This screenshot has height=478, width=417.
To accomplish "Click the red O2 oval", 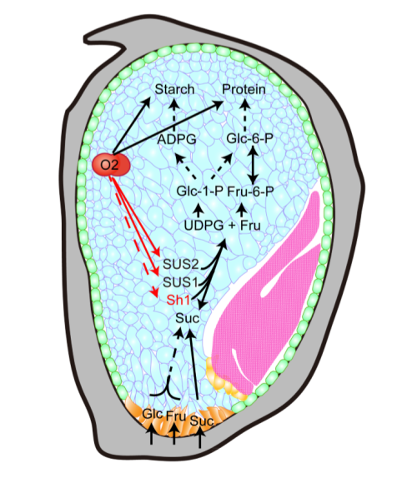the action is click(111, 165).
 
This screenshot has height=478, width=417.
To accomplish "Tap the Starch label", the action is click(174, 89).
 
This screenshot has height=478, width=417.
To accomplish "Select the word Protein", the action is click(244, 89).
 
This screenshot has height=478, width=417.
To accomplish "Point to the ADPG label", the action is click(177, 140).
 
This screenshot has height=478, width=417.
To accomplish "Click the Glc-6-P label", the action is click(249, 139).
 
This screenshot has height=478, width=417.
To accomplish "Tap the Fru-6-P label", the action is click(251, 192).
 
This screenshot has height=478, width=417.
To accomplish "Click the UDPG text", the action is click(204, 226).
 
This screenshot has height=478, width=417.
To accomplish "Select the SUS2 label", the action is click(181, 264).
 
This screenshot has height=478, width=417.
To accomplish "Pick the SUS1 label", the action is click(180, 282).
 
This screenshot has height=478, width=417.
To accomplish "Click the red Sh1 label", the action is click(178, 301).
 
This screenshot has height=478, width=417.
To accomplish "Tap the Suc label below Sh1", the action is click(187, 318).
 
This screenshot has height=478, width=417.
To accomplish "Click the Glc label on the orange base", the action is click(152, 414).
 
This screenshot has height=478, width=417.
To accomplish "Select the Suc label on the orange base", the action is click(202, 421).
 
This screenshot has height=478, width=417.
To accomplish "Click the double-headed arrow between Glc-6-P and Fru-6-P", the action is click(253, 165).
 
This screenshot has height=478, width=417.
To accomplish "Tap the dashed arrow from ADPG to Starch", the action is click(174, 116).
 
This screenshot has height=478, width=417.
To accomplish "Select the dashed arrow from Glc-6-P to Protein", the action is click(246, 116).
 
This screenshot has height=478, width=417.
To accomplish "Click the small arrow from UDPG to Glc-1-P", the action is click(199, 211).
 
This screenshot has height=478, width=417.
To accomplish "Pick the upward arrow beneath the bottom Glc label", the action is click(152, 434).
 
